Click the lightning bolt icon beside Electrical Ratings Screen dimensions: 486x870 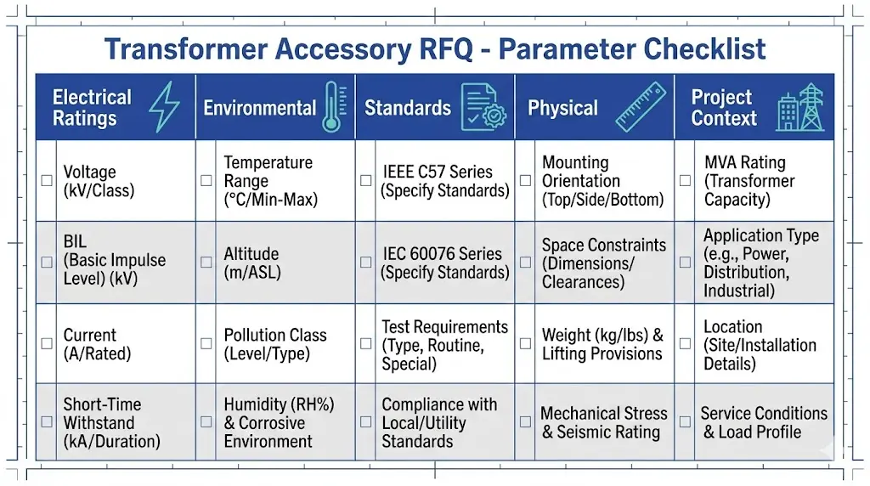tap(164, 108)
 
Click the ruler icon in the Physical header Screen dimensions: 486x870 tap(641, 108)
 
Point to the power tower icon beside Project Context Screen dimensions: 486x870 tap(800, 108)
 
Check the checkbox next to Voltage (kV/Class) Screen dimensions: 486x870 tap(47, 181)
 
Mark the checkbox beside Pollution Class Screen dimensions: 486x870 tap(206, 344)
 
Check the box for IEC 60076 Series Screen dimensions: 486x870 tap(365, 263)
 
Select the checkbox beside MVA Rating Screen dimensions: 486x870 tap(685, 181)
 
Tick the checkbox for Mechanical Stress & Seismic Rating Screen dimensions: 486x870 tap(525, 422)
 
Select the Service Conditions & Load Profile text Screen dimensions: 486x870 tap(763, 422)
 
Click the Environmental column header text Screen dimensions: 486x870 tap(259, 108)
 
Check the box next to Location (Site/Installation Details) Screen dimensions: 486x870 tap(685, 344)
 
